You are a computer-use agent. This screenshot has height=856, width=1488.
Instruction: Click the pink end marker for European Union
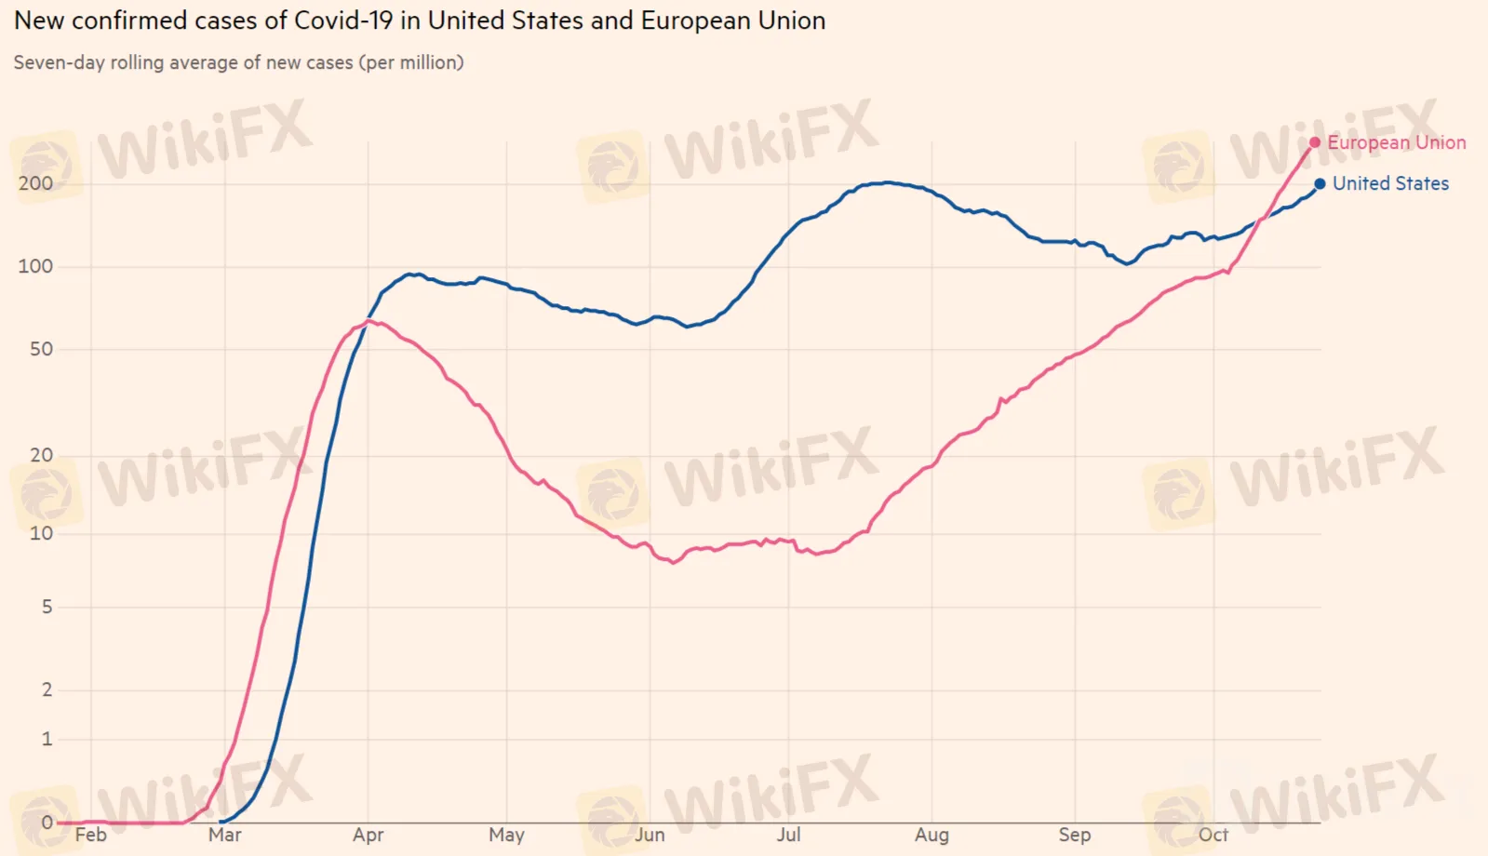coord(1314,142)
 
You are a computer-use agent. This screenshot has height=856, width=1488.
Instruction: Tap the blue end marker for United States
coord(1320,183)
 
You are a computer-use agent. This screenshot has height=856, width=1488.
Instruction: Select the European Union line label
coord(1396,142)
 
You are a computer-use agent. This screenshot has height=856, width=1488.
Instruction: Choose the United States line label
coord(1390,183)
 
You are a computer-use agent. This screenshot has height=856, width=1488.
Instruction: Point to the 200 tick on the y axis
coord(35,183)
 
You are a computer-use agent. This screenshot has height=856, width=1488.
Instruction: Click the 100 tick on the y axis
coord(35,266)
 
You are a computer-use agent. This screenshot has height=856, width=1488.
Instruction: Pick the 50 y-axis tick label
coord(41,349)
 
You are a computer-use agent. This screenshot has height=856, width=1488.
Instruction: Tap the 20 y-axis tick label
coord(41,455)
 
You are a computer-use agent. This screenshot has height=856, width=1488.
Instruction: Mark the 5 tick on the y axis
coord(47,607)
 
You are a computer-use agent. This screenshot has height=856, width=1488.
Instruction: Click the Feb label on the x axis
coord(90,835)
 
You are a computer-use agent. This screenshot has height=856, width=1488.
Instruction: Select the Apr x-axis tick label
coord(368,835)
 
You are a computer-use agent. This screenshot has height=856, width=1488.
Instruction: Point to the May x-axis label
coord(506,835)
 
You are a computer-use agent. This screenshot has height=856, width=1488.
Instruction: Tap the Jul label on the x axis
coord(788,835)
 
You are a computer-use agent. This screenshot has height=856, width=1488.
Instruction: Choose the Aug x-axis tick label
coord(932,835)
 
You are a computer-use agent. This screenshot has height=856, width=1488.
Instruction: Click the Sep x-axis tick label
coord(1074,835)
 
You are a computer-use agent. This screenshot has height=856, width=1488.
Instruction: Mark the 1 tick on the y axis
coord(47,739)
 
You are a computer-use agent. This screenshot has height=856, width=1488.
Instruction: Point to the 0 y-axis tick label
coord(47,823)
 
